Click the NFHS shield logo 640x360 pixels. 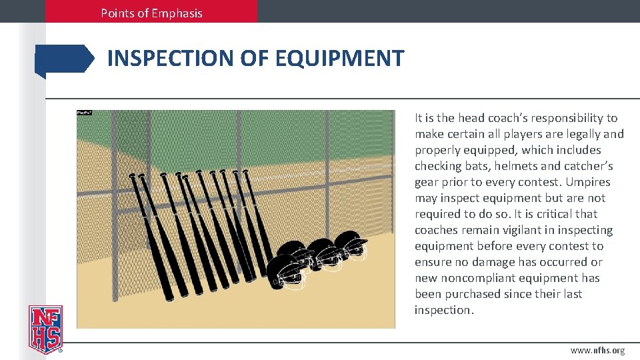[x=45, y=329]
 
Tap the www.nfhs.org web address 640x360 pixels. [x=597, y=351]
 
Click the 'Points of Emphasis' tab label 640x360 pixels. [x=151, y=13]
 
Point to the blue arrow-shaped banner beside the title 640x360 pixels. [x=65, y=59]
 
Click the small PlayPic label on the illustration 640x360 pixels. [x=84, y=113]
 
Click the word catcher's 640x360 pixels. [x=588, y=166]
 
